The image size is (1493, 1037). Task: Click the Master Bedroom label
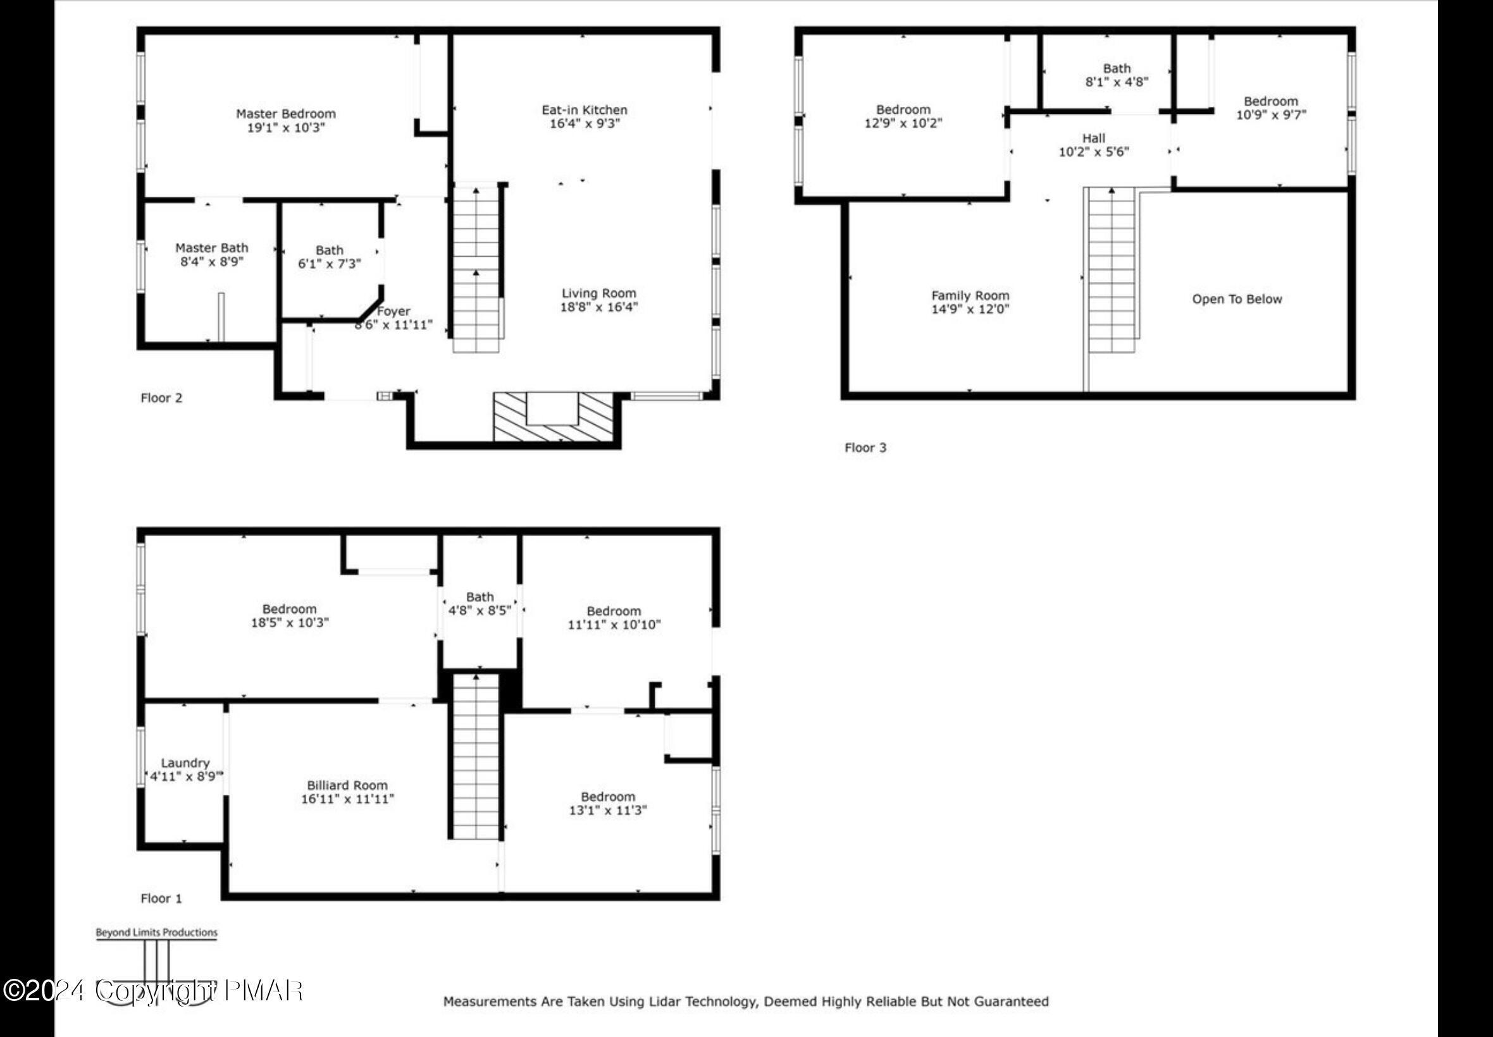[x=285, y=114]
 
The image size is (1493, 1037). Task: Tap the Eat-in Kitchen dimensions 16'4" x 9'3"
[x=585, y=123]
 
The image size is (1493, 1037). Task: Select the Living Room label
[x=598, y=293]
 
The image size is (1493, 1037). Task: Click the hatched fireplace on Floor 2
[x=552, y=416]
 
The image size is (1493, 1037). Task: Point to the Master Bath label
[x=212, y=249]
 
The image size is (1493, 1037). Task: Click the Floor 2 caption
[x=161, y=398]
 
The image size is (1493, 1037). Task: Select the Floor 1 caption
[x=161, y=898]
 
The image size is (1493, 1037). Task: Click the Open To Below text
[x=1236, y=299]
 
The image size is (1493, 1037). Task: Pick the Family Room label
[x=970, y=296]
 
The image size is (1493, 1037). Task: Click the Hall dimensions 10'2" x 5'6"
[x=1093, y=152]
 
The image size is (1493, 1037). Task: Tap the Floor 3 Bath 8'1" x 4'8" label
[x=1117, y=75]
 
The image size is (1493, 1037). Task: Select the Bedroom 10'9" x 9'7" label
[x=1271, y=108]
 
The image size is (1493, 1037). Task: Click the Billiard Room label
[x=347, y=785]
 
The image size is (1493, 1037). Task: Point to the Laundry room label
[x=185, y=763]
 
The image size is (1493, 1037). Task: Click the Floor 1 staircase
[x=476, y=756]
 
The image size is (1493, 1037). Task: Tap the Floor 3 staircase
[x=1112, y=269]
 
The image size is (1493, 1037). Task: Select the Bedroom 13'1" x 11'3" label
[x=608, y=803]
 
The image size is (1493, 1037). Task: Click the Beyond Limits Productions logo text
[x=157, y=933]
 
